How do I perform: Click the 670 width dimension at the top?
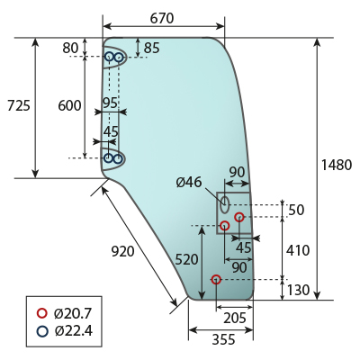point(162,18)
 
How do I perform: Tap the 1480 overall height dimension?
point(337,165)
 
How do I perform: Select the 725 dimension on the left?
point(19,105)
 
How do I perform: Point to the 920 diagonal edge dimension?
point(123,251)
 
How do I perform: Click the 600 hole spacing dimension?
point(69,105)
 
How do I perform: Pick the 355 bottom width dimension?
point(224,339)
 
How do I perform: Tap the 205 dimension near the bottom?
point(235,318)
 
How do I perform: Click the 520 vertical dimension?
point(186,259)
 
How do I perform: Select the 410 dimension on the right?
point(298,250)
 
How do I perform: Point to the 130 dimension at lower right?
point(298,290)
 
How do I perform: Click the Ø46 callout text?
point(189,182)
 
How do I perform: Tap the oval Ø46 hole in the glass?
point(225,204)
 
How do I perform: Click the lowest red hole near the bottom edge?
point(216,280)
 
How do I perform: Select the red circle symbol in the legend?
point(42,313)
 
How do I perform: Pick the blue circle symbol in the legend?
point(42,331)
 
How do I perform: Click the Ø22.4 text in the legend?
point(74,331)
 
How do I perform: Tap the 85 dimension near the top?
point(152,48)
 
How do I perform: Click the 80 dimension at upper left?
point(70,48)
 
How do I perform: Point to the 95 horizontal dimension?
point(110,103)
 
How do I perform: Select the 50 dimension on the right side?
point(296,210)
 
